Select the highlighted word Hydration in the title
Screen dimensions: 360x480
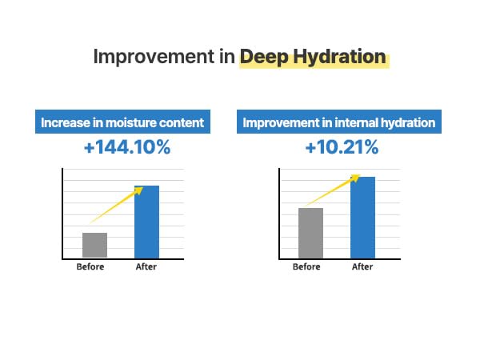point(342,58)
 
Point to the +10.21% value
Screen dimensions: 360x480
point(341,149)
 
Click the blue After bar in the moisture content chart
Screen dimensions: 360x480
point(146,222)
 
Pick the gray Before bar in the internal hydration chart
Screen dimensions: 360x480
point(310,233)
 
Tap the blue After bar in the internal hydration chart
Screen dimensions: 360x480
point(362,217)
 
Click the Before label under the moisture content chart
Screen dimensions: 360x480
point(90,267)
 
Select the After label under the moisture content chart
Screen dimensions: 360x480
point(146,267)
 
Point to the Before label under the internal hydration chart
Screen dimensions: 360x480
point(306,267)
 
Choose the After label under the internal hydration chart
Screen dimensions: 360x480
point(362,267)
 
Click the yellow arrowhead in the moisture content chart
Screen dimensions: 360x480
point(138,190)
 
